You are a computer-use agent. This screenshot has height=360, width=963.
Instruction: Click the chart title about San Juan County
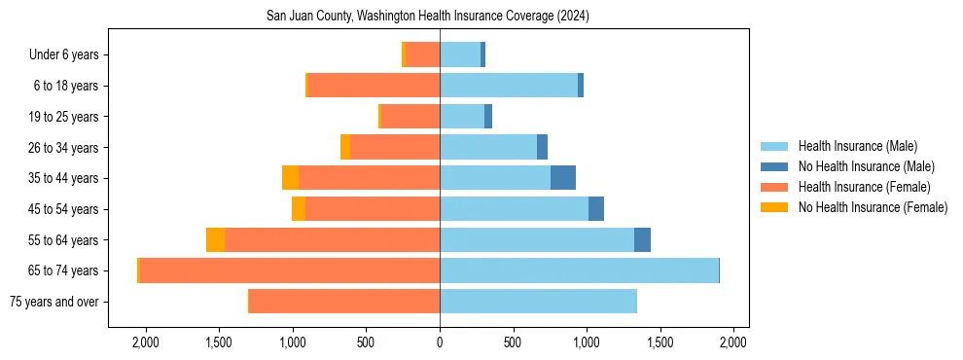coord(428,17)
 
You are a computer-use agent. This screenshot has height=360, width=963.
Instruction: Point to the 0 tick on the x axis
coord(440,342)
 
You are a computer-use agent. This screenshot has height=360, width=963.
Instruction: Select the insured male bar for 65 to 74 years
coord(579,270)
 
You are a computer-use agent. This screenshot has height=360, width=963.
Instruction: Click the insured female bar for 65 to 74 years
coord(289,270)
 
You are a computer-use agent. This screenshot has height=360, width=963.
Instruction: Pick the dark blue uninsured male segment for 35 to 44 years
coord(563,178)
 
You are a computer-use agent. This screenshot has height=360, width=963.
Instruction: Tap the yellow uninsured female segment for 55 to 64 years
coord(215,240)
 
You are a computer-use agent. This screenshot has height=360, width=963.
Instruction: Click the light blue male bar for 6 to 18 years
coord(509,86)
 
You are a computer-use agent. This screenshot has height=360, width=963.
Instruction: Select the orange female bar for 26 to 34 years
coord(395,147)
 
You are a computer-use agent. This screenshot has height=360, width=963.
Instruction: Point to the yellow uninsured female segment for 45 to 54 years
coord(299,209)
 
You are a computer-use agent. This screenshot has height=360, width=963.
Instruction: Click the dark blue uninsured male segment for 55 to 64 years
coord(642,240)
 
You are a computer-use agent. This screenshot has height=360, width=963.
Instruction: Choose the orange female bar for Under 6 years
coord(422,55)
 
